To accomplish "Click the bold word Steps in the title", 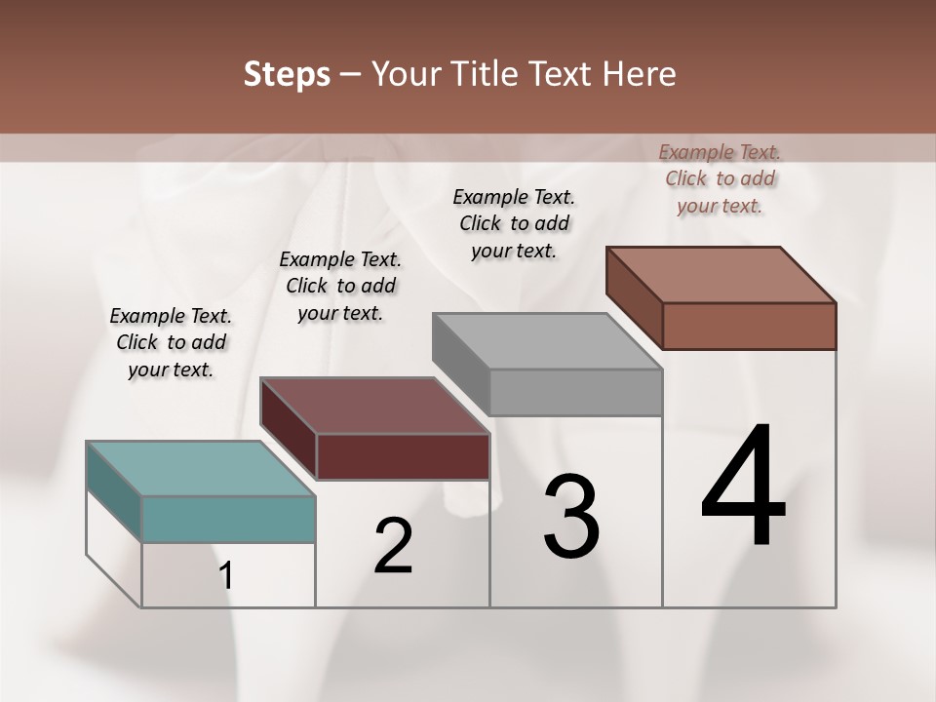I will [x=287, y=74].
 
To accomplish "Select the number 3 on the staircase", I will [x=571, y=517].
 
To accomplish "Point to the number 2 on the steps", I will [x=393, y=547].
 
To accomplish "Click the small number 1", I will [x=226, y=576].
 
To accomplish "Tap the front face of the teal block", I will [x=228, y=519].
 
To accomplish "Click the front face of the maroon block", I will [x=403, y=456].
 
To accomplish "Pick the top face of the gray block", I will [x=547, y=341].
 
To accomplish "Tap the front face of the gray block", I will [x=575, y=392].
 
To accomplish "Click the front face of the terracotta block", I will [x=749, y=326].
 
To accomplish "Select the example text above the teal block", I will [x=171, y=342].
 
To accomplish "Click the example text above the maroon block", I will [x=340, y=286].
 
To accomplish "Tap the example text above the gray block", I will [x=514, y=223].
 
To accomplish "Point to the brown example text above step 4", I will [x=720, y=178].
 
